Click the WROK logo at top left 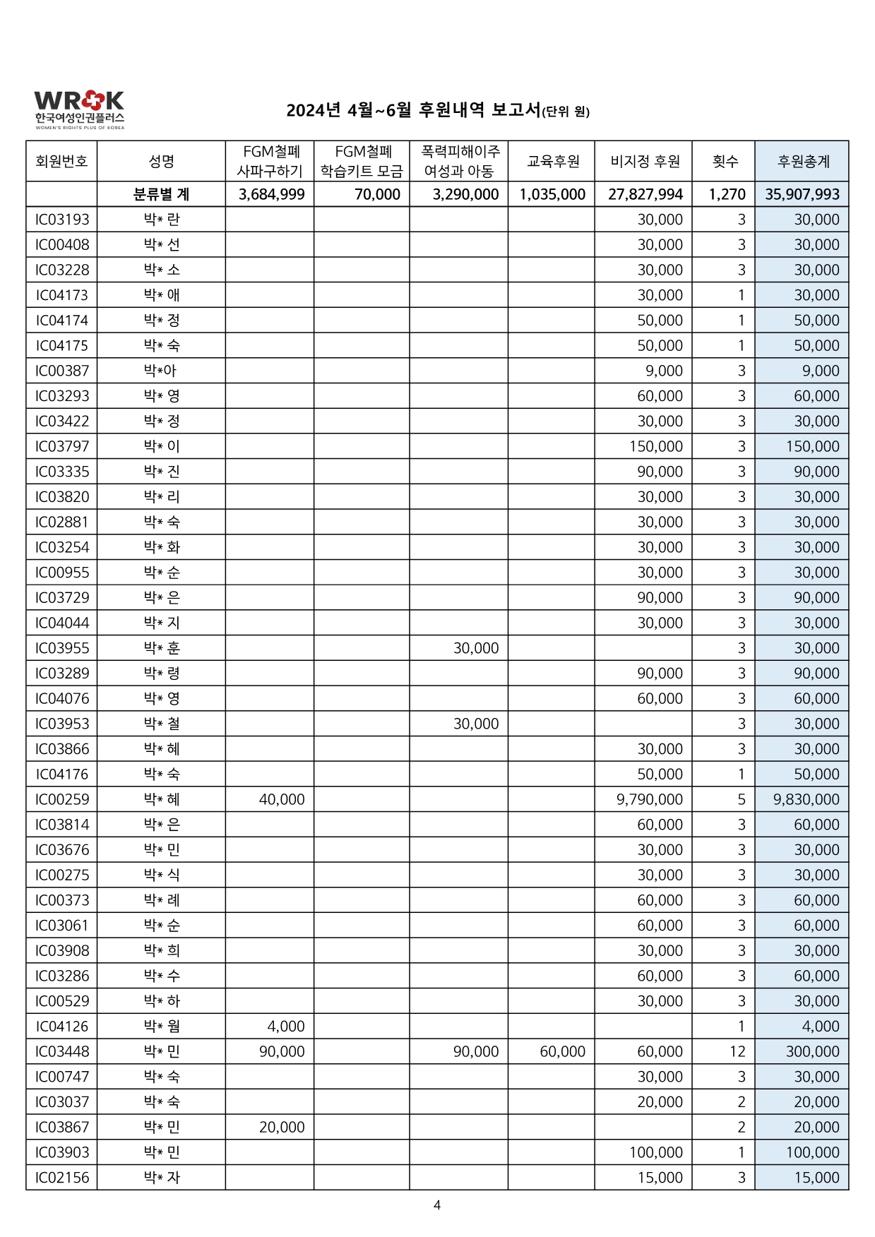coord(79,109)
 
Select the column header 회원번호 coord(61,161)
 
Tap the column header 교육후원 coord(552,161)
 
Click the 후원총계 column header coord(802,161)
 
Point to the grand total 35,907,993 coord(802,194)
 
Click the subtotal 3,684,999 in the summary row coord(271,194)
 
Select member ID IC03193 coord(62,220)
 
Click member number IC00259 coord(62,799)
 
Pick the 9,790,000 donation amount coord(649,799)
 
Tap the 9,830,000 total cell coord(806,799)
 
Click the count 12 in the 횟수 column coord(737,1051)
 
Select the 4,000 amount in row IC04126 coord(286,1026)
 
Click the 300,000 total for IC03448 coord(812,1051)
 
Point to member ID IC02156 coord(62,1177)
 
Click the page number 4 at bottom coord(437,1205)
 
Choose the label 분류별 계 coord(161,194)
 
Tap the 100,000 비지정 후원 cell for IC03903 coord(655,1152)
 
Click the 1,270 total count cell coord(727,194)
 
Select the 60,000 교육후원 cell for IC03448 coord(562,1051)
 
